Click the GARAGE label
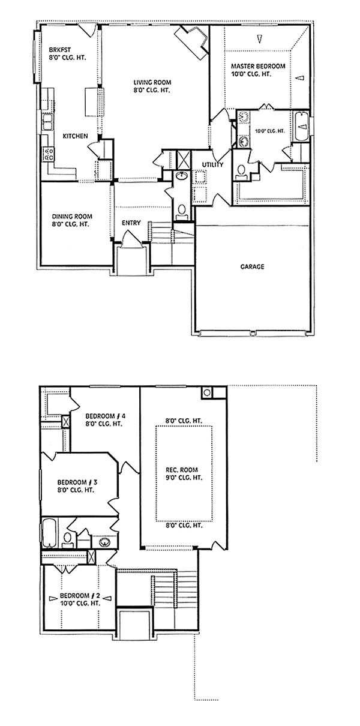(x=252, y=267)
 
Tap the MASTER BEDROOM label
(x=258, y=66)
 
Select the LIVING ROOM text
(x=152, y=83)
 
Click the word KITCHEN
(x=75, y=136)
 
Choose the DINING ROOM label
(x=72, y=217)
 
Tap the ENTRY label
(x=131, y=223)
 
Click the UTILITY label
(x=212, y=164)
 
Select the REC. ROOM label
(x=182, y=470)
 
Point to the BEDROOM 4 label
(x=105, y=416)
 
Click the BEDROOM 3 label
(x=77, y=482)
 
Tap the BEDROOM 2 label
(x=80, y=596)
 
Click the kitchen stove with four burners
(x=49, y=154)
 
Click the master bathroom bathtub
(x=301, y=127)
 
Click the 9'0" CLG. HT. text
(x=184, y=478)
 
